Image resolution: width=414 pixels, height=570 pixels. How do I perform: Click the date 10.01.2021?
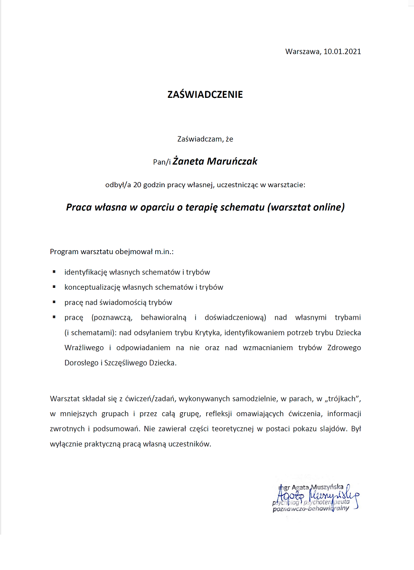point(342,52)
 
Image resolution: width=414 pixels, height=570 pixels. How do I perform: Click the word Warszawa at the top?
point(302,52)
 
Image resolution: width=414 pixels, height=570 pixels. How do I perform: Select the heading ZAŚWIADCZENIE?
point(205,95)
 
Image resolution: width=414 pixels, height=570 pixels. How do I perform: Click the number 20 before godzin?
point(138,185)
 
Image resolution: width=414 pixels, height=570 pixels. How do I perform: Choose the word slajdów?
point(334,429)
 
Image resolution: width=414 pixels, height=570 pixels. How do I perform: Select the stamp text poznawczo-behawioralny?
point(310,508)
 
